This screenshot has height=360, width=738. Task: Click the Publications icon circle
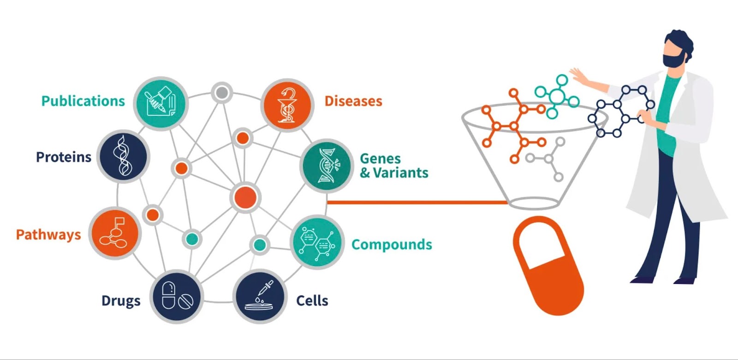[x=161, y=103]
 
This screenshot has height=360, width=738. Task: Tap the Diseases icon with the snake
[x=287, y=105]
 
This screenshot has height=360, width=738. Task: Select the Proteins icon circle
[x=123, y=156]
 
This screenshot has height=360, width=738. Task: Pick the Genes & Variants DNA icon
[x=327, y=166]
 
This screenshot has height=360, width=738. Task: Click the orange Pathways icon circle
[x=115, y=233]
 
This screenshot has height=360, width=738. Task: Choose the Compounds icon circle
[x=317, y=242]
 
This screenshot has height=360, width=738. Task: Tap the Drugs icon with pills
[x=177, y=296]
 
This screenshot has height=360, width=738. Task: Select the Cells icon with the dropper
[x=260, y=296]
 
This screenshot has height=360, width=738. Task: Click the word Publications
[x=83, y=101]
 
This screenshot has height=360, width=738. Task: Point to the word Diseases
[x=353, y=101]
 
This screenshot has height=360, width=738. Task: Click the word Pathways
[x=48, y=235]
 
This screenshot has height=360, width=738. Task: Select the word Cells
[x=312, y=300]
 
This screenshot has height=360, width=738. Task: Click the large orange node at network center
[x=245, y=198]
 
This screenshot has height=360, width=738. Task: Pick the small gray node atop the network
[x=222, y=93]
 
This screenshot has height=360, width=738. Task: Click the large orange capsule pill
[x=548, y=266]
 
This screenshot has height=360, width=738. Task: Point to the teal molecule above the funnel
[x=557, y=96]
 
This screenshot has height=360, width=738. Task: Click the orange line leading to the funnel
[x=418, y=203]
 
